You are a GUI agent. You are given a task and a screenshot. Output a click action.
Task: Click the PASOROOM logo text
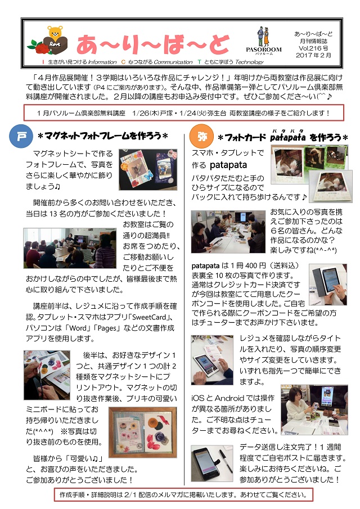264,49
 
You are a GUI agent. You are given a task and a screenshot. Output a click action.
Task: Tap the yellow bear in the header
55,33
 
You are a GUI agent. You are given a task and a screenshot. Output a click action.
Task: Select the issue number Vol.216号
313,48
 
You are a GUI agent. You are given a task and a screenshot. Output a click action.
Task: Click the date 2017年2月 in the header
313,56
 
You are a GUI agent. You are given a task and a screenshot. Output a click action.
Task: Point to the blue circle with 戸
21,136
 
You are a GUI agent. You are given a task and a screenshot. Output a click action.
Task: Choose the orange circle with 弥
201,137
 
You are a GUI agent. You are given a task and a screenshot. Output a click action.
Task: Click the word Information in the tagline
102,62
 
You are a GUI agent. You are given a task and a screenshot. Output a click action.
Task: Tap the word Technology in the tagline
250,62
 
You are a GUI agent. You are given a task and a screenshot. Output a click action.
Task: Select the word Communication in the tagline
173,62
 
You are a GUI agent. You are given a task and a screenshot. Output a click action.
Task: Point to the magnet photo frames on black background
148,169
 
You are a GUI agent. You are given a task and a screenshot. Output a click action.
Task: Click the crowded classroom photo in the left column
70,248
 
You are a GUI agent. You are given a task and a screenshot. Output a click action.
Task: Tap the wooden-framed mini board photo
142,433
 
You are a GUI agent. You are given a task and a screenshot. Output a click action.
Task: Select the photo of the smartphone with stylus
212,463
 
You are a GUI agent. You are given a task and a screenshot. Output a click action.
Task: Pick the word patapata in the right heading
287,137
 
